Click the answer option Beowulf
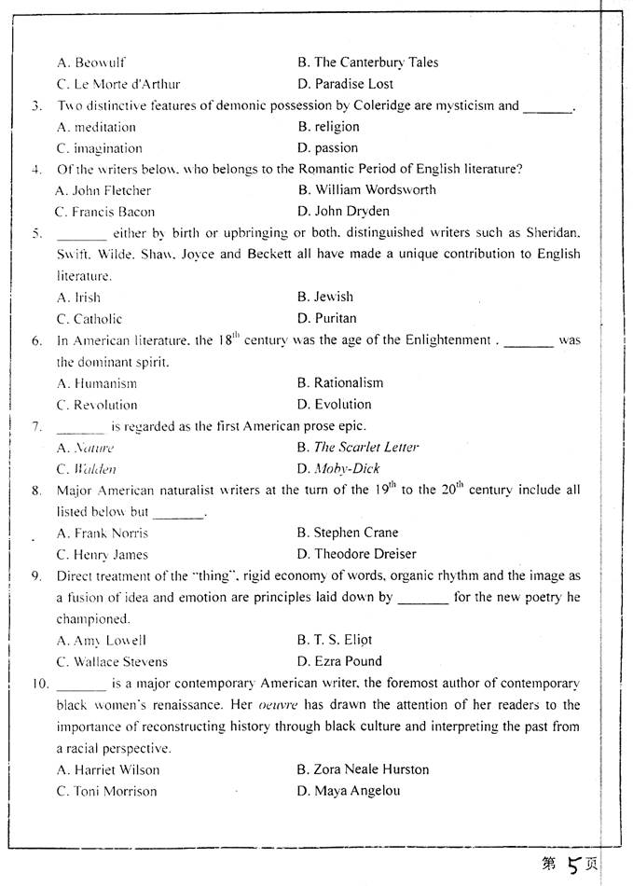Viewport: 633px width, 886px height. point(91,62)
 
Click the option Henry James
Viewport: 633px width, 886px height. point(102,555)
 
